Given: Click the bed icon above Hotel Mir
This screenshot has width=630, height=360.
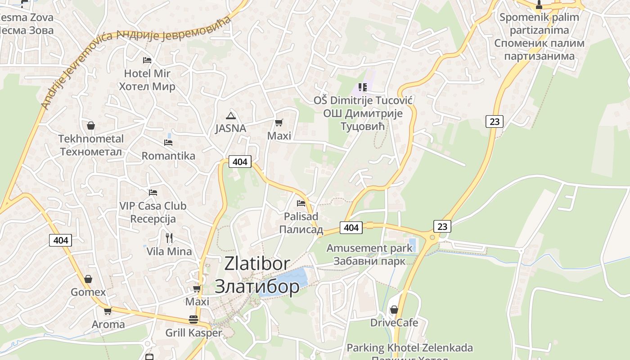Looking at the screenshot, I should point(147,60).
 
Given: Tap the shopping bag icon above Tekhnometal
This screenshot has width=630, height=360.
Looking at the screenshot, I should point(91,126).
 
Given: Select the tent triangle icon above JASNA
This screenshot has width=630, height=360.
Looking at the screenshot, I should point(231,116).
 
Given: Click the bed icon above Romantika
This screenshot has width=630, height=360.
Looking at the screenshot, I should point(168,143).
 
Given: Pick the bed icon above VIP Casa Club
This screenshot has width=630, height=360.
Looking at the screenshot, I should point(153,193).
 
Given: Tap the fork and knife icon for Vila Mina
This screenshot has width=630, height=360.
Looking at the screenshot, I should point(169,238).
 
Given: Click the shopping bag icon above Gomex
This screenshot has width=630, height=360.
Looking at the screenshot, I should point(88,279).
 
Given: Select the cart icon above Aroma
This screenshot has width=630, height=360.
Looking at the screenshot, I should point(108,311).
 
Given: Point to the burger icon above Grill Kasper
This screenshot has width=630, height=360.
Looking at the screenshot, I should point(193,319).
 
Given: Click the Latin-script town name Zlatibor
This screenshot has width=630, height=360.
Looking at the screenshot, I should point(257,264).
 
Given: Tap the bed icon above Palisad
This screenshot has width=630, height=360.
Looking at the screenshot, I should point(301,203).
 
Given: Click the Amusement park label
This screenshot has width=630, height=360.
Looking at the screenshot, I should point(369,248).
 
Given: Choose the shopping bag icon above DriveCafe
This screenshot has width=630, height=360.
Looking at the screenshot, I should point(394,310).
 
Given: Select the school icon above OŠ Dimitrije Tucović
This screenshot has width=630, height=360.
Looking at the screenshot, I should point(363,87).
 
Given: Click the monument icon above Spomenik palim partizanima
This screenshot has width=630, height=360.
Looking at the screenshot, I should point(539,5).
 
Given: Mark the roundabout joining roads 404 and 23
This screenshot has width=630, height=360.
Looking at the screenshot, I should point(432,237).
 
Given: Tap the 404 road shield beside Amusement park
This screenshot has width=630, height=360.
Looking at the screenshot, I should point(351,228).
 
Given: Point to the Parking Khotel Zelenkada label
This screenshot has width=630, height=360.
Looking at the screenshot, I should point(409,348).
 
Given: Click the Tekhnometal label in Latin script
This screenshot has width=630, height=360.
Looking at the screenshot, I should point(91,139).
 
